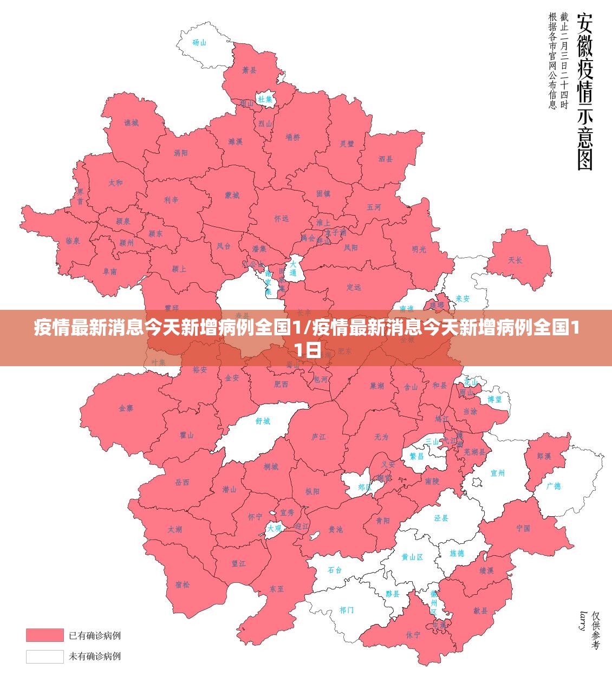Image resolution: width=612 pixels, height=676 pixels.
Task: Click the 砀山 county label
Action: tap(199, 42)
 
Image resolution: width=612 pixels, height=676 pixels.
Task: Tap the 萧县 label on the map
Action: tap(249, 70)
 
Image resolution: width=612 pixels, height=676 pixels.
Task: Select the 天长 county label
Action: tap(515, 260)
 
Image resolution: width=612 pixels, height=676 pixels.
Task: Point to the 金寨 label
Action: tap(126, 408)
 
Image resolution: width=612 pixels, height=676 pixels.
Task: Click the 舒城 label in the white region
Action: tap(263, 421)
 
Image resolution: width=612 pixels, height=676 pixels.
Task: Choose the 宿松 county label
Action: tap(183, 584)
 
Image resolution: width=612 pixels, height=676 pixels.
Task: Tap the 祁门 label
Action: tap(347, 610)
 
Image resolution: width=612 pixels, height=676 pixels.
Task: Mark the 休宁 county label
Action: tap(413, 634)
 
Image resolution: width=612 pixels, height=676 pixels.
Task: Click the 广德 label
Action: tap(554, 486)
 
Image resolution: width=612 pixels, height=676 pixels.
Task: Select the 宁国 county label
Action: tap(523, 528)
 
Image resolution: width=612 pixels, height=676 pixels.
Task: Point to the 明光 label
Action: tap(419, 249)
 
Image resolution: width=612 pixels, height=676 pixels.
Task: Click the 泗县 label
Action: tap(386, 159)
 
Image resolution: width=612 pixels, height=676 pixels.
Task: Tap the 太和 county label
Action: tap(115, 183)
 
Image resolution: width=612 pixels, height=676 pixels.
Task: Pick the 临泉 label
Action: tap(73, 240)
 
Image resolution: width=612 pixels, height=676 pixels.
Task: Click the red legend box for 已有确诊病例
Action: tap(44, 635)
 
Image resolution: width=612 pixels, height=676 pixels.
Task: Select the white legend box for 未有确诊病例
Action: tap(44, 656)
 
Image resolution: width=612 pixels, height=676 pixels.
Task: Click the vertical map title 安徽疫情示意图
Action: tap(584, 92)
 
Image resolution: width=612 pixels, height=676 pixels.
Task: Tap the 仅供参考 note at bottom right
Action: tap(596, 630)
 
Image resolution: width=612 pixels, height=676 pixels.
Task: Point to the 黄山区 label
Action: tap(412, 557)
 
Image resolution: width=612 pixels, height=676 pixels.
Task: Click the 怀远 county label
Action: tap(281, 218)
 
